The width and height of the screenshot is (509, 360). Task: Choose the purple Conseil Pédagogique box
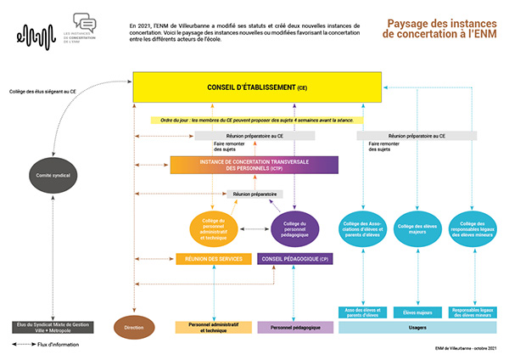click(x=295, y=258)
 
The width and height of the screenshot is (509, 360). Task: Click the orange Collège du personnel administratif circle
click(x=213, y=228)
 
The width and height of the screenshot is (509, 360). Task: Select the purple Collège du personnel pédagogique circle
click(x=294, y=228)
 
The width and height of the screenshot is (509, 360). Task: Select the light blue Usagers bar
click(x=417, y=327)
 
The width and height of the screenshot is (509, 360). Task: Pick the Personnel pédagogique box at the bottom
click(x=295, y=327)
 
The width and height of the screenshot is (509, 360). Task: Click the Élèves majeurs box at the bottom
click(x=417, y=311)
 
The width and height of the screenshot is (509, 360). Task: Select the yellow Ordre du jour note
click(x=252, y=121)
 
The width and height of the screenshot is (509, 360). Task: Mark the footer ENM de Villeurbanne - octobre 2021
click(x=461, y=347)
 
